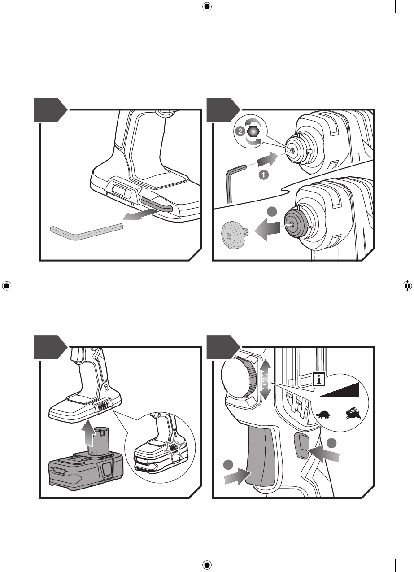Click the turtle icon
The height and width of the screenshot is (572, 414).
click(x=323, y=414)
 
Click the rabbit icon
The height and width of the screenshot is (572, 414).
click(x=353, y=414)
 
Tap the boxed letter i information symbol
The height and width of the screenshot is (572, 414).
click(x=319, y=380)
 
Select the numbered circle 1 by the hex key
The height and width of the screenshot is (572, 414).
click(x=264, y=175)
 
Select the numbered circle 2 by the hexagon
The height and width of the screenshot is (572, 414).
click(x=240, y=131)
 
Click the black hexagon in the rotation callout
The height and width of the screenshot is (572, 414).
click(x=253, y=131)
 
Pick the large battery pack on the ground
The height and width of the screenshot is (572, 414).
click(x=86, y=470)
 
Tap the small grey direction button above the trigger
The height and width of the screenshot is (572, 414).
click(x=301, y=445)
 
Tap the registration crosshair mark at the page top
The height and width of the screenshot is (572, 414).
click(x=207, y=8)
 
